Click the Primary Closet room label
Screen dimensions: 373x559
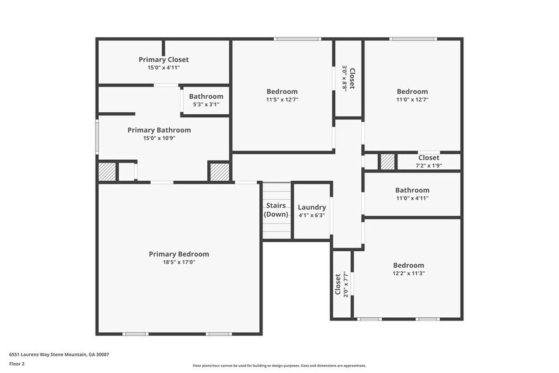pyautogui.click(x=164, y=60)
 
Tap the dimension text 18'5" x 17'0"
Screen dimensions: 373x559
pyautogui.click(x=178, y=262)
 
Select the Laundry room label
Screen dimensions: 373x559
pyautogui.click(x=312, y=207)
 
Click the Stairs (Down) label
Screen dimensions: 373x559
pyautogui.click(x=276, y=210)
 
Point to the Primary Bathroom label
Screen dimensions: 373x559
pyautogui.click(x=159, y=130)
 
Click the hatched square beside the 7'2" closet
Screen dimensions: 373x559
pyautogui.click(x=387, y=162)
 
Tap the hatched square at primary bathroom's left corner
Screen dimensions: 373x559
pyautogui.click(x=107, y=172)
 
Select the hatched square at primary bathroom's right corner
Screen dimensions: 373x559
pyautogui.click(x=219, y=172)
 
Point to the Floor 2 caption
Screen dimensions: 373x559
pyautogui.click(x=17, y=364)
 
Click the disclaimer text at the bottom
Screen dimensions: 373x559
pyautogui.click(x=279, y=366)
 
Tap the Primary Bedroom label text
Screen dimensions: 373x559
pyautogui.click(x=179, y=254)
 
